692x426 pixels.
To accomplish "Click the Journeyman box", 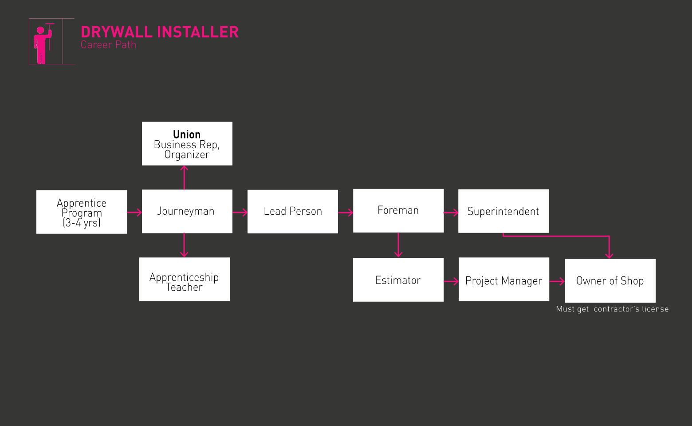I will coord(187,211).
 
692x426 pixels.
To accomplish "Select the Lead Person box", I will coord(292,211).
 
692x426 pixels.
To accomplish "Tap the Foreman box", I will coord(398,210).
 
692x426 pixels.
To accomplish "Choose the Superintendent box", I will coord(503,211).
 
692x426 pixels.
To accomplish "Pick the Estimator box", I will coord(398,280).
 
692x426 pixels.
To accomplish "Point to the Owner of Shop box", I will coord(610,280).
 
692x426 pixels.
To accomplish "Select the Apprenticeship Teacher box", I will coord(184,280).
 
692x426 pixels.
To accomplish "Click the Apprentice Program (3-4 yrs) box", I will coord(82,212).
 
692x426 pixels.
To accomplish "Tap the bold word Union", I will coord(187,134).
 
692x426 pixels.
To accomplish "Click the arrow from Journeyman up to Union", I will coord(184,177).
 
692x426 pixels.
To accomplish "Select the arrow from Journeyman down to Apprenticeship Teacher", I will coord(184,245).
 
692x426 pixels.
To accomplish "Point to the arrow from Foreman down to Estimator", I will coord(398,245).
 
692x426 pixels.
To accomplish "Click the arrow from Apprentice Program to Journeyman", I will coord(134,213).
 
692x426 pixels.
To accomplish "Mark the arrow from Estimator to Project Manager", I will coord(451,281).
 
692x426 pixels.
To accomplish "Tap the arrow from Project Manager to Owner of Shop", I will coord(557,281).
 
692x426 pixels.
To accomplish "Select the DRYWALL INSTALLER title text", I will coord(160,32).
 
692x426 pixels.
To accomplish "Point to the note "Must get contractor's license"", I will coord(612,309).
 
